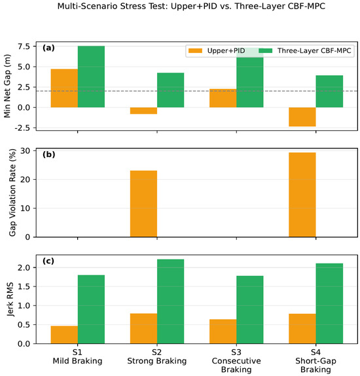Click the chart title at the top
coord(191,7)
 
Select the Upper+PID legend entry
coord(217,50)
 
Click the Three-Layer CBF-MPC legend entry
coord(305,50)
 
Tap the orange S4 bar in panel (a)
coord(302,117)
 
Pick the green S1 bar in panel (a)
coord(91,77)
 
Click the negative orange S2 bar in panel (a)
coord(143,111)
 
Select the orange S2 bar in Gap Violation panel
coord(143,204)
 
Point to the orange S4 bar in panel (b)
coord(302,195)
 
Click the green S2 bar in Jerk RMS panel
coord(171,301)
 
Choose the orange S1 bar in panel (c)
coord(64,335)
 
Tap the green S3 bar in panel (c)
coord(250,310)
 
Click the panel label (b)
coord(48,154)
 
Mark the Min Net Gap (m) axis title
coord(7,86)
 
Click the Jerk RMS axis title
coord(10,299)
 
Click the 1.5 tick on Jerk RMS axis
coord(24,286)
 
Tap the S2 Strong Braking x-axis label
coord(157,356)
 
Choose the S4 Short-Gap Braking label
coord(316,361)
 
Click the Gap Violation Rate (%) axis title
coord(12,192)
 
